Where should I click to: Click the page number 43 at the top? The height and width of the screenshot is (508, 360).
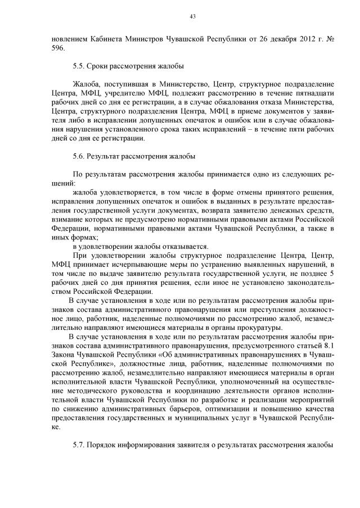192,16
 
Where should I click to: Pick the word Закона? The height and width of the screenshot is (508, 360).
64,355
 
